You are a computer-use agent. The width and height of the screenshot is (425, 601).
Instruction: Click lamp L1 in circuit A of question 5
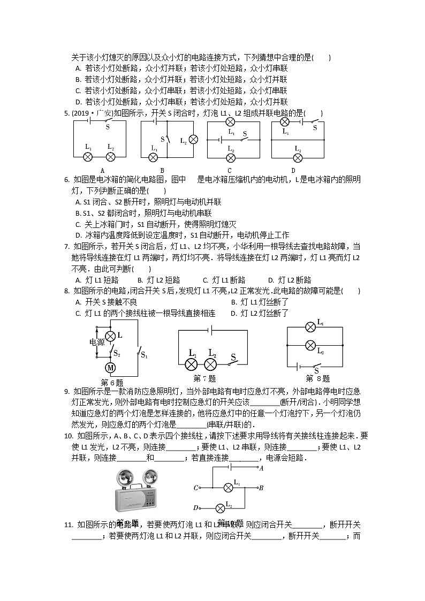click(89, 156)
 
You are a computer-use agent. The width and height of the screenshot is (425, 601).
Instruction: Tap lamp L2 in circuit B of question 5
click(193, 139)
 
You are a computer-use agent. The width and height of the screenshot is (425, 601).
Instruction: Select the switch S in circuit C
click(245, 140)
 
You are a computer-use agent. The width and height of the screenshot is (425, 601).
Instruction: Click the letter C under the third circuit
click(230, 171)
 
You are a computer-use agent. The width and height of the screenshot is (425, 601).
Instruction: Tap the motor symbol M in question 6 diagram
click(110, 367)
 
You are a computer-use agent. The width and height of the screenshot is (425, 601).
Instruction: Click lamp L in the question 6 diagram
click(110, 336)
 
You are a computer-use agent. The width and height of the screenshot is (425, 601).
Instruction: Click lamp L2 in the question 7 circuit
click(211, 364)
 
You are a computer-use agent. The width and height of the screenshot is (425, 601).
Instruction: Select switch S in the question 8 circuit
click(316, 366)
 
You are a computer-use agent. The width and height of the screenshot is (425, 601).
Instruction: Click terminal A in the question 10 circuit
click(261, 468)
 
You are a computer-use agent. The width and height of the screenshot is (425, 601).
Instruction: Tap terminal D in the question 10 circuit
click(196, 508)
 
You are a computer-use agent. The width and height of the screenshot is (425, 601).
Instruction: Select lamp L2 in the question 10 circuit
click(219, 508)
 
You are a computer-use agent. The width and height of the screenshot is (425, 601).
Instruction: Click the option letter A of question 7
click(78, 280)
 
